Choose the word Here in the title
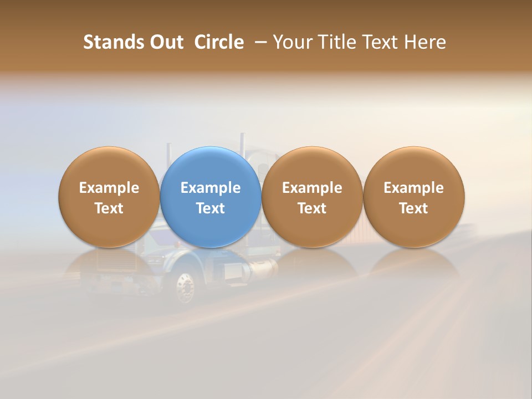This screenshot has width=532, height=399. click(425, 42)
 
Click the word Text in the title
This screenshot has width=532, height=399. click(378, 42)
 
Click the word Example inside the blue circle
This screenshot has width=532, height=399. click(211, 188)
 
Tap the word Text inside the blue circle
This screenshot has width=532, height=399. click(211, 208)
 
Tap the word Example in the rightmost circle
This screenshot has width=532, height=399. click(414, 188)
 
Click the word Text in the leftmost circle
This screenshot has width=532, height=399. click(109, 208)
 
